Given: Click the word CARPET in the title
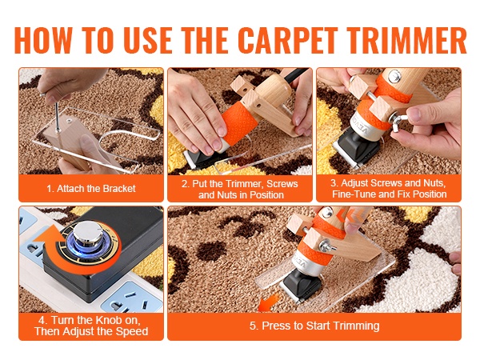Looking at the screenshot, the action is (x=288, y=41).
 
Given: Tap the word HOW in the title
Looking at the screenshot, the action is (x=43, y=41).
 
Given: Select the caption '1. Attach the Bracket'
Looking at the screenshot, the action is (x=91, y=188).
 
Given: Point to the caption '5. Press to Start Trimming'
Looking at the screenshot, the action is (x=314, y=326).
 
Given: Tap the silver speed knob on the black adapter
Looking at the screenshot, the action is (x=88, y=234).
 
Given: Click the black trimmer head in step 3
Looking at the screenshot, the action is (x=358, y=150).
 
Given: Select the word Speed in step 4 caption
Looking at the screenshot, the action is (x=134, y=331).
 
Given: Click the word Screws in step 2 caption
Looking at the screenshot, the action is (x=282, y=184).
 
